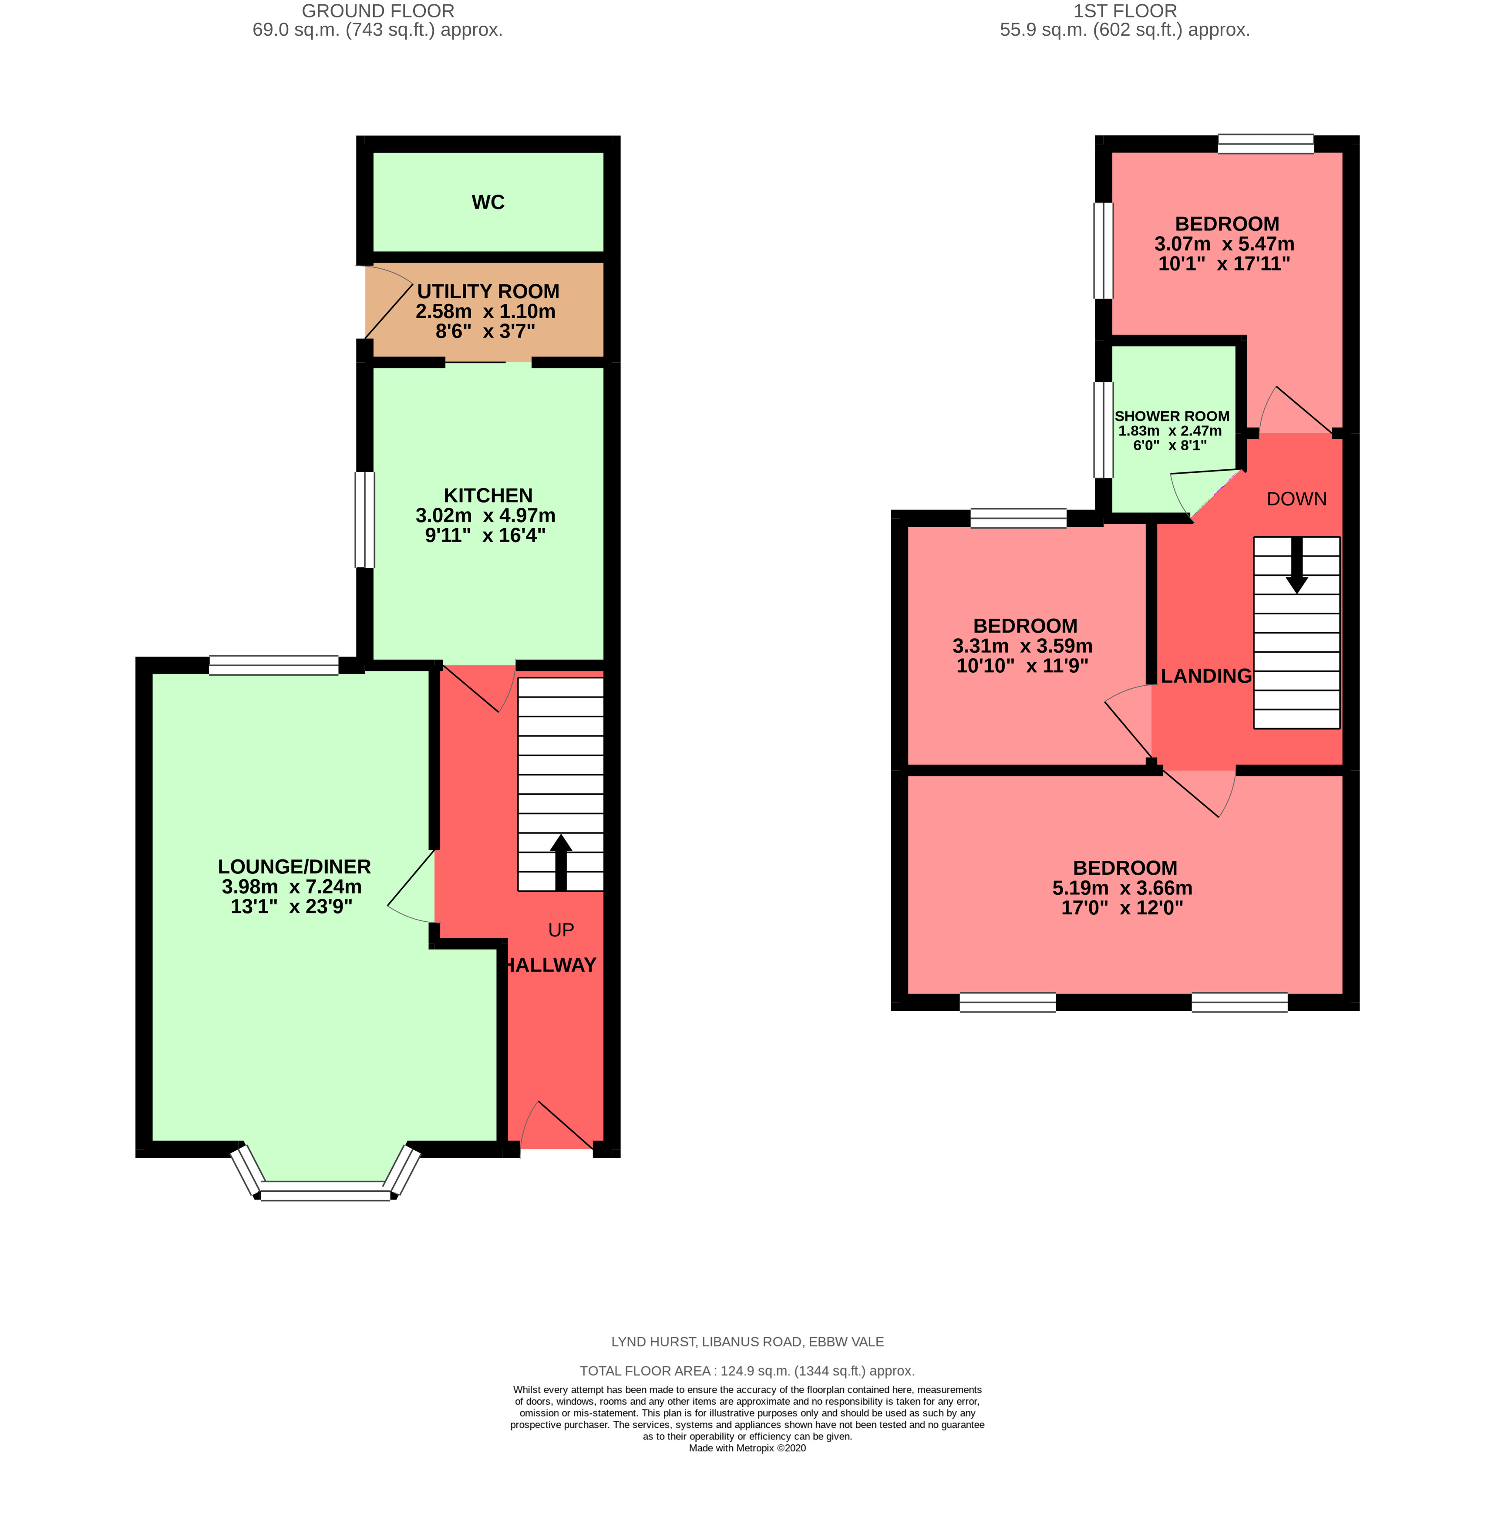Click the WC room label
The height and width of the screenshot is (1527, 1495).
[x=488, y=202]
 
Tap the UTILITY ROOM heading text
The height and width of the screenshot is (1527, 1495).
[x=488, y=291]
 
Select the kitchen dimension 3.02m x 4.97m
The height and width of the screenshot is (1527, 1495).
[x=485, y=515]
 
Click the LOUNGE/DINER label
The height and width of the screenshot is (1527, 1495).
[x=294, y=866]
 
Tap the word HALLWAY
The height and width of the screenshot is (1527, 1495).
[x=551, y=964]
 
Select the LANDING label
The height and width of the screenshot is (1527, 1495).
[x=1206, y=675]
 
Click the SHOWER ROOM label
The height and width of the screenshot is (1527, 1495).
[x=1172, y=416]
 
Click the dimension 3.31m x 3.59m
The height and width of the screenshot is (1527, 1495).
[x=1022, y=646]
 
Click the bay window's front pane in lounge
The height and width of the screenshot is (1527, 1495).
[x=325, y=1195]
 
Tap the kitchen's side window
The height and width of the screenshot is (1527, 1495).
[x=364, y=519]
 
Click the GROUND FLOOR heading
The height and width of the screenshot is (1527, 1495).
[x=378, y=11]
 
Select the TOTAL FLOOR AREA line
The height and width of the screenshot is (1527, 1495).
[x=747, y=1371]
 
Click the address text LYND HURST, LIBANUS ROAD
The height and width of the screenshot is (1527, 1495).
[x=747, y=1342]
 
